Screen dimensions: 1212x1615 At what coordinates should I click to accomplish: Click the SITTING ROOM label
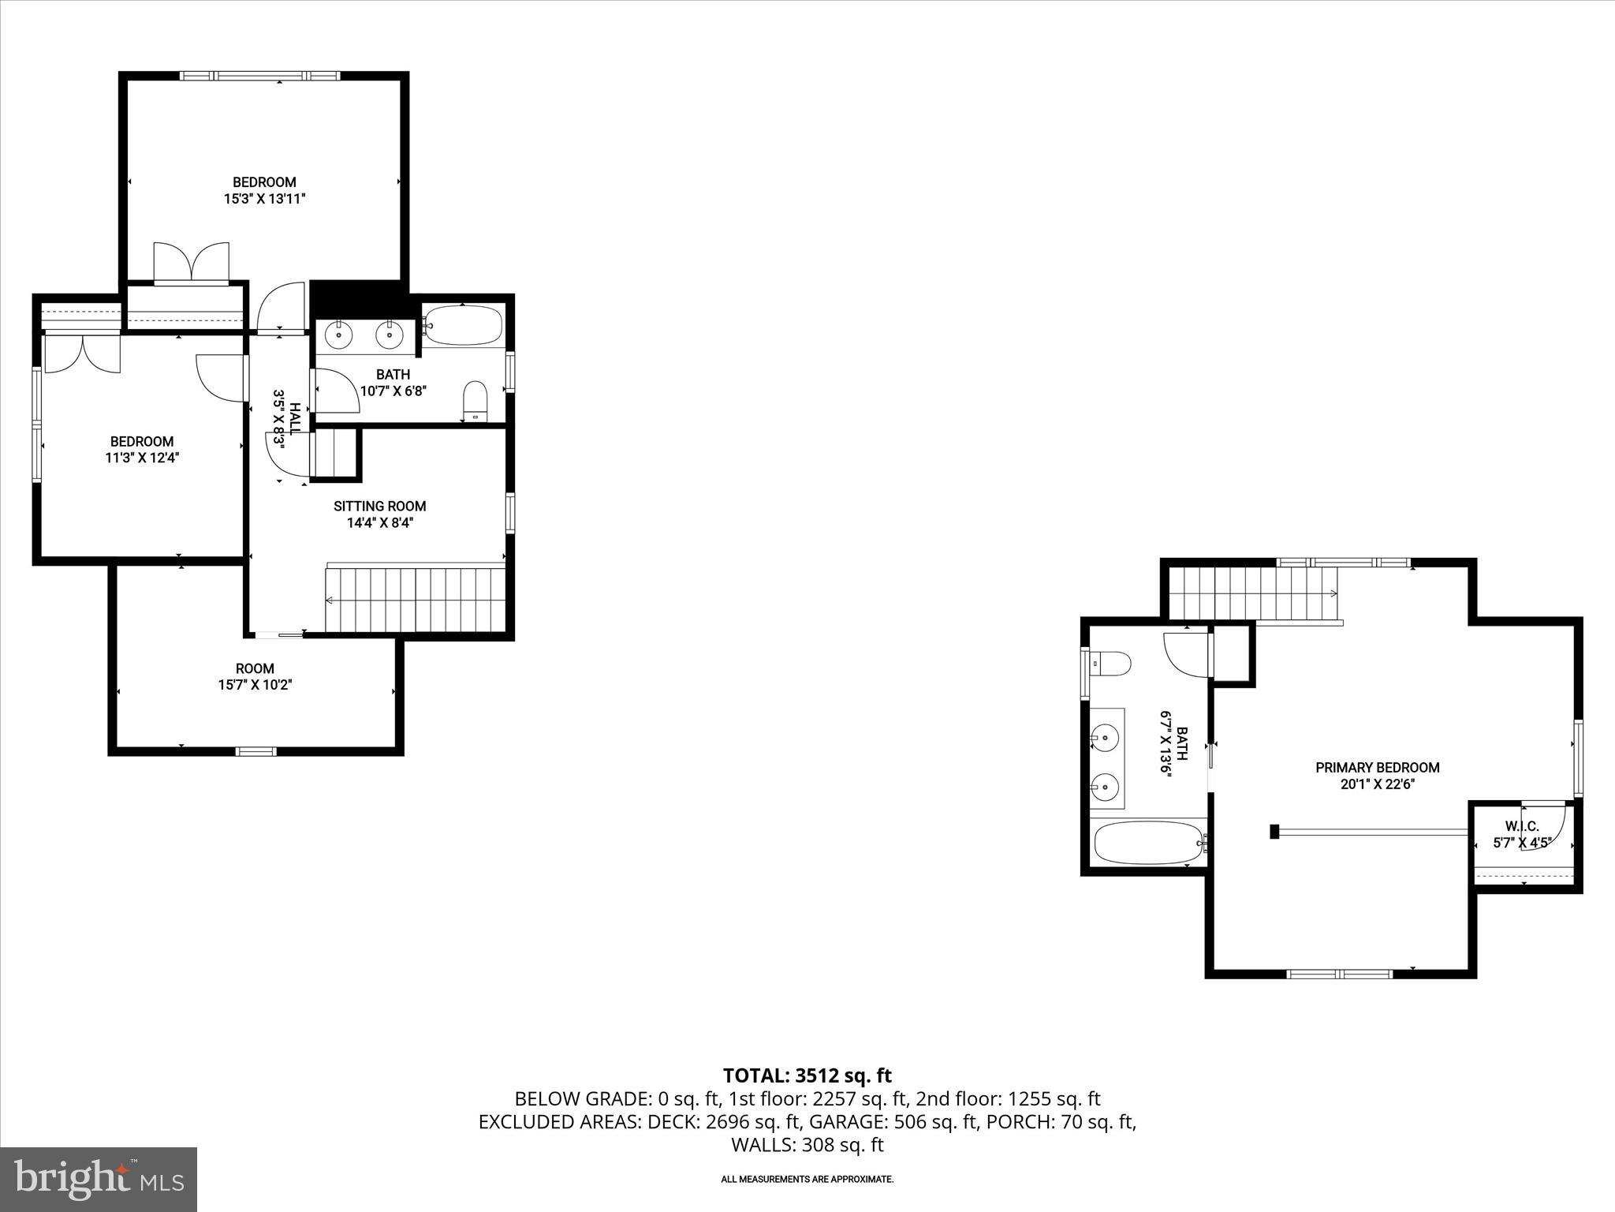[379, 506]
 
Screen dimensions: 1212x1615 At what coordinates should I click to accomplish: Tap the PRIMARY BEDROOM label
[1377, 767]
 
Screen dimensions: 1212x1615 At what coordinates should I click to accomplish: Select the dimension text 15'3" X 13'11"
[264, 199]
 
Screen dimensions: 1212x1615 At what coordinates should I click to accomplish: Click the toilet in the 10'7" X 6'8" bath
[475, 402]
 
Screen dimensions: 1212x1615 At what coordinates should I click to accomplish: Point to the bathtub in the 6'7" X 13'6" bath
[1148, 843]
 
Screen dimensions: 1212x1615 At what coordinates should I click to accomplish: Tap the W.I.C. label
[1521, 826]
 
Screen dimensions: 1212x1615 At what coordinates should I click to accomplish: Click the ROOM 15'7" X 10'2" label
[255, 668]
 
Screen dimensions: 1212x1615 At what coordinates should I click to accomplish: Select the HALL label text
[295, 419]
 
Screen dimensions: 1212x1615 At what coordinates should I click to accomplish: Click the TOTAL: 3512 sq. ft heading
[807, 1075]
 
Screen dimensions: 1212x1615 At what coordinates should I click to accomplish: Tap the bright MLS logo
[99, 1179]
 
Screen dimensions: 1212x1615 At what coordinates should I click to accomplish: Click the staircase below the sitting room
[415, 598]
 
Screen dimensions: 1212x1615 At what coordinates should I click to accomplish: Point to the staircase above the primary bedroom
[1251, 593]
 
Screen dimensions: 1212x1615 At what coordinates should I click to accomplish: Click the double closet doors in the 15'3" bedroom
[192, 263]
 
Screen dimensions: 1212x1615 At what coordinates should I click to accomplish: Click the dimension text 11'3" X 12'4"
[142, 458]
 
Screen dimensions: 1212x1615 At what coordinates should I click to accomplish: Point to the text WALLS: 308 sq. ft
[807, 1145]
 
